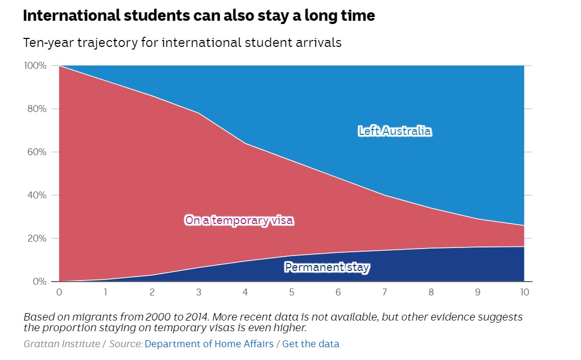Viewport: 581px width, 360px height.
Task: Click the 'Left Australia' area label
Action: click(394, 131)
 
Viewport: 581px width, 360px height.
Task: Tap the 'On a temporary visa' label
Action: click(239, 220)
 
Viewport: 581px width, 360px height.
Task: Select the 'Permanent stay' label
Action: click(327, 267)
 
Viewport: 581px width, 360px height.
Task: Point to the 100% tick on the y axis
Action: click(36, 66)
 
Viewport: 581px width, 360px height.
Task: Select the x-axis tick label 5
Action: click(292, 292)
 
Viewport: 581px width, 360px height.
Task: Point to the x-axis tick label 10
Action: click(524, 292)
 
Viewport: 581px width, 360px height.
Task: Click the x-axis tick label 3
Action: click(198, 292)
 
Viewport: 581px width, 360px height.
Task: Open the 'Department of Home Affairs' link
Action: click(209, 344)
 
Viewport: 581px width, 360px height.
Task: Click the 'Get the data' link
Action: click(311, 344)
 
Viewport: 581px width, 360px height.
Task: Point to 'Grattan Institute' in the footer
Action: click(61, 344)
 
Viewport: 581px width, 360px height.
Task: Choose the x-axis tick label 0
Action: click(59, 292)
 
